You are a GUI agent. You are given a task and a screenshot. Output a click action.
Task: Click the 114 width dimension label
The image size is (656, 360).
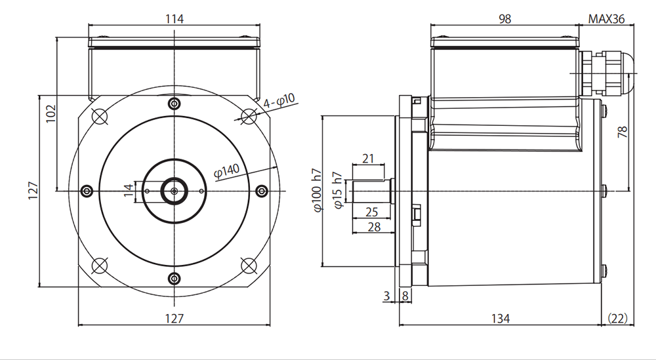point(174,19)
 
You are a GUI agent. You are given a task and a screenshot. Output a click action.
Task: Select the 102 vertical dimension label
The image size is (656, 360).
point(51,113)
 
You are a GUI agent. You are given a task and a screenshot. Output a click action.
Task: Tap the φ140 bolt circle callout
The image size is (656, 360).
point(227,170)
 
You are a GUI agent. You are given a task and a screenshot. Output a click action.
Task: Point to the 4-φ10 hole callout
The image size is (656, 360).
point(279,101)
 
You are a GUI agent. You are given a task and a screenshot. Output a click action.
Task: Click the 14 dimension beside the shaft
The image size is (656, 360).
point(129,190)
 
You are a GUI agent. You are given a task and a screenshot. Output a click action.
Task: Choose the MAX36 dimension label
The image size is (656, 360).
point(606,19)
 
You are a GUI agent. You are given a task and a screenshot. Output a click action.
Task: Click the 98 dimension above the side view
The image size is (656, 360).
point(505,19)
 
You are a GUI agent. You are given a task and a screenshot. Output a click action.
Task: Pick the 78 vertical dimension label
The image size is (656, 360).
point(623,132)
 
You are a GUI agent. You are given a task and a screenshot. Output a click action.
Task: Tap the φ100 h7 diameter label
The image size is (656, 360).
point(318,190)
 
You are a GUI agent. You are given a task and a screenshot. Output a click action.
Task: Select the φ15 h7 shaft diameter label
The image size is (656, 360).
point(338,190)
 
